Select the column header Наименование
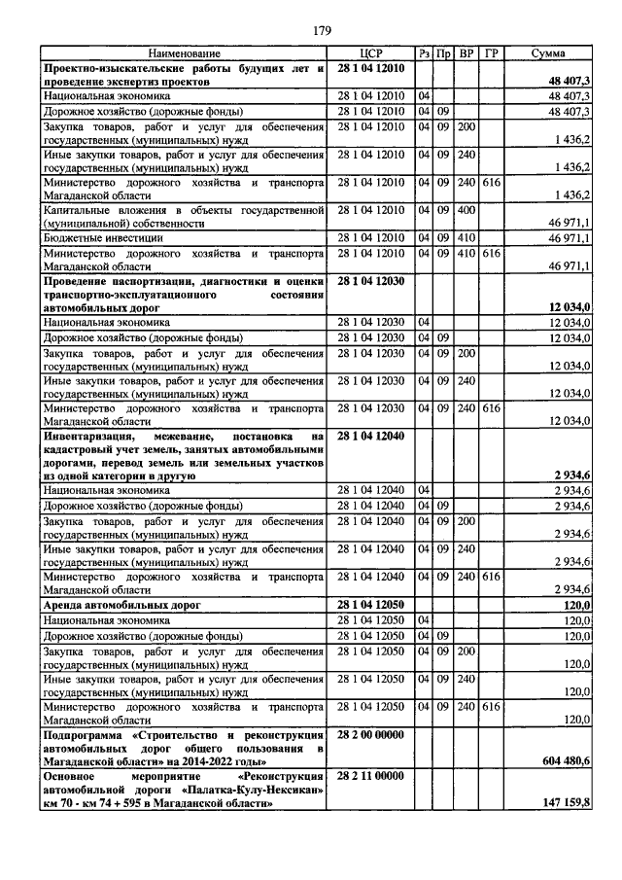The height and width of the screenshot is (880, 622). tap(185, 53)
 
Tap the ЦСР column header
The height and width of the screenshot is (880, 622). tap(372, 53)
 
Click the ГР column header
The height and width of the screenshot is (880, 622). tap(491, 53)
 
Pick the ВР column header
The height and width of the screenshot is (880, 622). tap(466, 53)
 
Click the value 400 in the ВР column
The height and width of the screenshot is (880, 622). tap(466, 210)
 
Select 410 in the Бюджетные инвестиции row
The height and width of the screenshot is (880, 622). tap(466, 237)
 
